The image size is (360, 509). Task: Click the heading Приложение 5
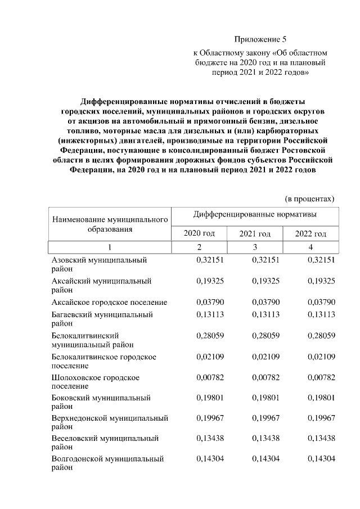coord(260,39)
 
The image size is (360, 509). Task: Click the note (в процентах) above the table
coord(309,198)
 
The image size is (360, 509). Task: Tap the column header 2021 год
coord(255,233)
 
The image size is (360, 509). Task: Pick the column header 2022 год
coord(310,233)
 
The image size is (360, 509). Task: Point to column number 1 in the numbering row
coord(109,247)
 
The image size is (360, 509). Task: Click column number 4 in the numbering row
coord(310,247)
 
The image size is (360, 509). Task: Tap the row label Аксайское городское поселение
coord(109,302)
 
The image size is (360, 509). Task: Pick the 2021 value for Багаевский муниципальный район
coord(266,315)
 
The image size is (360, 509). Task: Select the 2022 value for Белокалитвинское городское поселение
coord(321,357)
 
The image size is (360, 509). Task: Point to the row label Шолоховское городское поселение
coord(96,382)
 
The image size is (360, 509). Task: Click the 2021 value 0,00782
coord(266,377)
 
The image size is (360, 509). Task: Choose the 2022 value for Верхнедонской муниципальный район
coord(321,418)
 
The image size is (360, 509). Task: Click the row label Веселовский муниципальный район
coord(105,443)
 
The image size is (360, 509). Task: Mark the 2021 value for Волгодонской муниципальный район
coord(266,459)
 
